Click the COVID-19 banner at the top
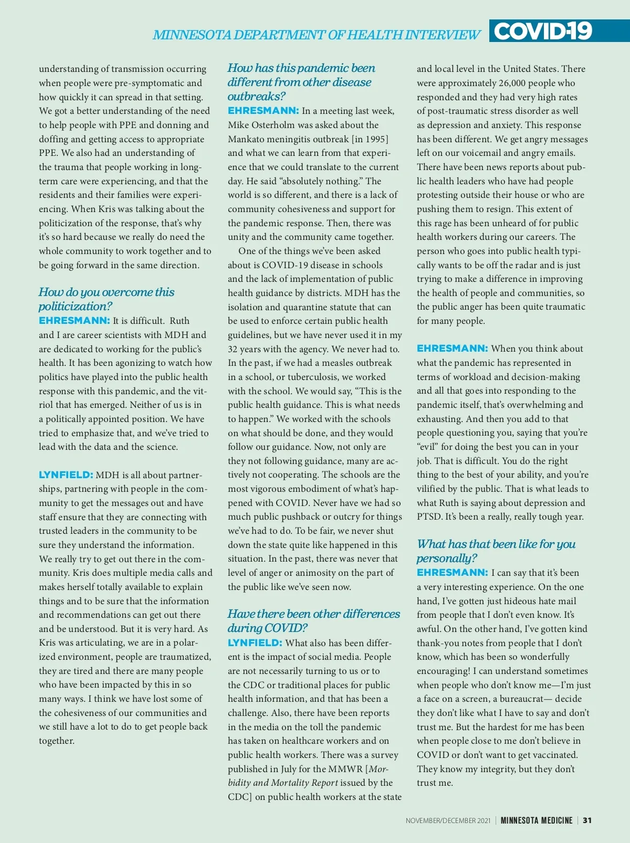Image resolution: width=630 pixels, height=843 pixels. click(x=543, y=31)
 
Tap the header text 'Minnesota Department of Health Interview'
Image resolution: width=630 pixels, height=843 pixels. click(x=316, y=35)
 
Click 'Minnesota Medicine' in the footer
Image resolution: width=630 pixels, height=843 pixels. click(x=536, y=820)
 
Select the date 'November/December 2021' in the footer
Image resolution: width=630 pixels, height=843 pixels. click(x=448, y=820)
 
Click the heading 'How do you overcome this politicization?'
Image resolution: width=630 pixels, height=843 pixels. click(x=106, y=299)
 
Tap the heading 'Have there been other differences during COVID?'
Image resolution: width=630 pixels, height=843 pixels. click(x=313, y=620)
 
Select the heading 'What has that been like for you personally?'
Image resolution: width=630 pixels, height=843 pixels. click(x=496, y=551)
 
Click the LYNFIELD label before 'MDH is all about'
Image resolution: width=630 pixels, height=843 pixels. click(x=66, y=475)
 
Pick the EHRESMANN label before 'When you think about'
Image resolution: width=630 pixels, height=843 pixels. click(x=452, y=349)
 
